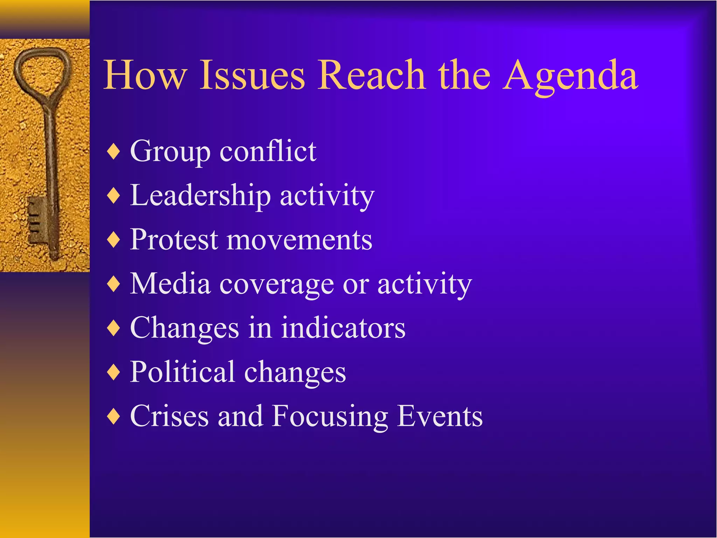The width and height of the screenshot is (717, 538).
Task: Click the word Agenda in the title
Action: point(571,75)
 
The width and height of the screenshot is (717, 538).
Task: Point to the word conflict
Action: point(268,151)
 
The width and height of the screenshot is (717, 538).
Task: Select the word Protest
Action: point(174,240)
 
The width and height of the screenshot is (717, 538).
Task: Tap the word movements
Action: point(299,240)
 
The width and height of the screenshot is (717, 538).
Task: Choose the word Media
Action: point(170,283)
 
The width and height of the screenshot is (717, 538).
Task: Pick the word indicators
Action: point(343,328)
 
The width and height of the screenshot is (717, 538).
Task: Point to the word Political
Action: point(182,372)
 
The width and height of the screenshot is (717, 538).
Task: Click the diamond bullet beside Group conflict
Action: point(114,152)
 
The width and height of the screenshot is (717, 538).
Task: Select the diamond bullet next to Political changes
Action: point(114,372)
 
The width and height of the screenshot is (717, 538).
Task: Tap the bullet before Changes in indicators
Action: point(114,328)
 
